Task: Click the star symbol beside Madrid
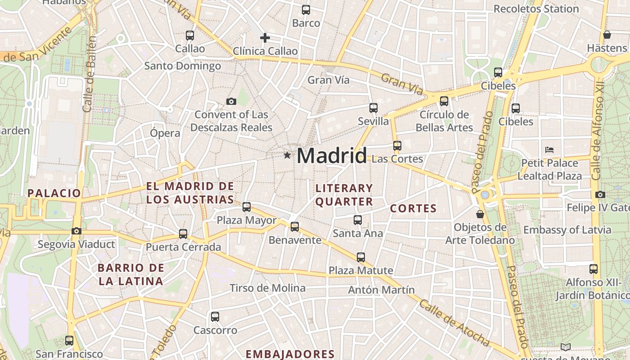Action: point(287,155)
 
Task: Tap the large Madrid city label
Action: point(332,156)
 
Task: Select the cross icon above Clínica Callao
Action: point(265,38)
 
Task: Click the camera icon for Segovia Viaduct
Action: point(76,231)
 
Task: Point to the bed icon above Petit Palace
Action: point(549,150)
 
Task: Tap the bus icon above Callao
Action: point(190,35)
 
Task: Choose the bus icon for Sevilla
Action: point(373,108)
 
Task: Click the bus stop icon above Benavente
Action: point(295,227)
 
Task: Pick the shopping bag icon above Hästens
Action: point(607,35)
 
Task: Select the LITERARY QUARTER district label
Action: point(344,195)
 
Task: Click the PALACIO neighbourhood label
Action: point(54,193)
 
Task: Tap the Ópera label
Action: point(165,133)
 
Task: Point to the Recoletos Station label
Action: point(536,9)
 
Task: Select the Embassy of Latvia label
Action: point(567,230)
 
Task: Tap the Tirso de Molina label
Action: point(267,288)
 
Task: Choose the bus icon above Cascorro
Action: point(215,317)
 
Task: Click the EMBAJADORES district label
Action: point(290,354)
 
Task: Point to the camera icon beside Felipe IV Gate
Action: point(600,194)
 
